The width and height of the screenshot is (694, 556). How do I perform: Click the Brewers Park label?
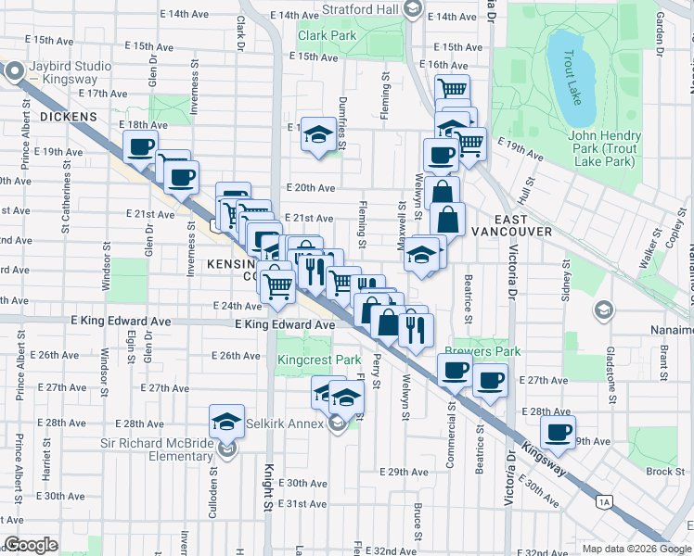coord(482,351)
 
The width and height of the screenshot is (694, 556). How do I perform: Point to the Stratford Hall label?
coord(360,10)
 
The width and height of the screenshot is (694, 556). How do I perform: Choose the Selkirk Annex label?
coord(284,424)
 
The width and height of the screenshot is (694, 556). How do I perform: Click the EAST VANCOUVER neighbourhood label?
coord(511,231)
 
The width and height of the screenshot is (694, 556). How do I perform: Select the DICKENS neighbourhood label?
coord(68,116)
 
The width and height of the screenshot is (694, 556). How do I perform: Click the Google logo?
coord(31,545)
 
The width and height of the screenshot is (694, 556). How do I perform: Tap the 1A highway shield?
coord(605,503)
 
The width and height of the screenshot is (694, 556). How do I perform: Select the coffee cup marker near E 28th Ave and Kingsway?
coord(558,432)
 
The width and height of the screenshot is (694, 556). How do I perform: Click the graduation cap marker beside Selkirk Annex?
coord(346,398)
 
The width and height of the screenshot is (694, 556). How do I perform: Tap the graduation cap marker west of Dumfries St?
coord(318,134)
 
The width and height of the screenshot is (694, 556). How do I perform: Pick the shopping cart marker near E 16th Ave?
coord(452,90)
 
